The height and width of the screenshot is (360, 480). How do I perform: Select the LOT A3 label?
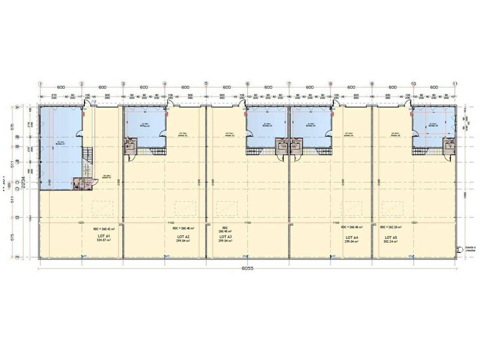(225, 237)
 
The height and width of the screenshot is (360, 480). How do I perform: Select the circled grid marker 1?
(40, 84)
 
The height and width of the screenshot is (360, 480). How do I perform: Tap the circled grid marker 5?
(206, 84)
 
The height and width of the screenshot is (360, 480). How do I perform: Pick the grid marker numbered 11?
(455, 84)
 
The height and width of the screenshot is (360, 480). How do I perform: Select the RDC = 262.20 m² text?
(391, 227)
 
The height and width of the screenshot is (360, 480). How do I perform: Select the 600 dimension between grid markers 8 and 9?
(351, 87)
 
